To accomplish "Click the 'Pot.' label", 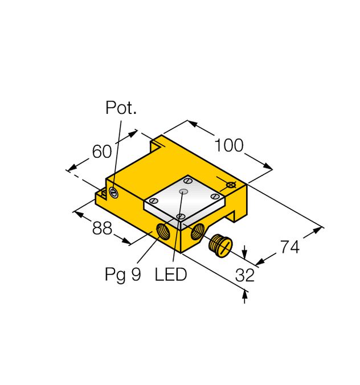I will [x=121, y=108].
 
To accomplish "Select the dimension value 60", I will [x=102, y=151].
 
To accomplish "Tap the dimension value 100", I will [x=229, y=146].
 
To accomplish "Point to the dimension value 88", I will [x=102, y=228].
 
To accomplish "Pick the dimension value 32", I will [x=245, y=275].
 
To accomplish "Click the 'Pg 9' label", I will [x=122, y=275].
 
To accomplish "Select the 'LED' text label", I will [x=171, y=275].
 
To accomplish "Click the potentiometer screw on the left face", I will [x=114, y=194].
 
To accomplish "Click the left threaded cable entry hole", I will [x=162, y=231].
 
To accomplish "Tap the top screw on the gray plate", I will [x=187, y=181].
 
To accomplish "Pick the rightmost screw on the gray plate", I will [x=214, y=196].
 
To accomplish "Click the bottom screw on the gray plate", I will [x=180, y=216].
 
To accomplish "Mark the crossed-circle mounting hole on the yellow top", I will [x=231, y=185].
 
